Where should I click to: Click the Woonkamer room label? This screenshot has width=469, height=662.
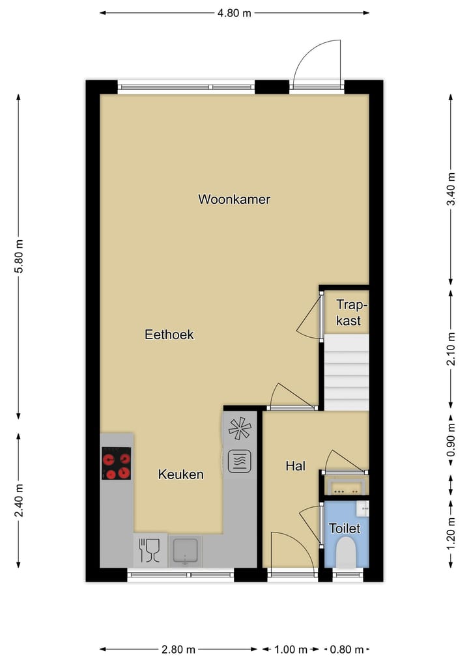pos(234,199)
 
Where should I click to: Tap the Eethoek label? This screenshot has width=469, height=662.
pos(169,335)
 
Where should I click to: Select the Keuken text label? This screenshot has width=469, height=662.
pos(180,475)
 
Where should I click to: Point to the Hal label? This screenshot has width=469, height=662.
pos(295,465)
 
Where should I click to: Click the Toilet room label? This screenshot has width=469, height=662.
pos(345,528)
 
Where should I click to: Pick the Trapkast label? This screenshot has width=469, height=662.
pos(348,312)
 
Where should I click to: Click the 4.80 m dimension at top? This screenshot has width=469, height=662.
pos(234,12)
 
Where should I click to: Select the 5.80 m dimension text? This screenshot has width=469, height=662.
pos(19,257)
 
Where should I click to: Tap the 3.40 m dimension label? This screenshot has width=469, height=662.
pos(450,189)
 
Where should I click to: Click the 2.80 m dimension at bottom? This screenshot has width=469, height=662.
pos(178,649)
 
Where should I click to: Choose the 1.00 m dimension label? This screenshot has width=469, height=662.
pos(291,649)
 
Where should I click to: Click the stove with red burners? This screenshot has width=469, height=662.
pos(116,464)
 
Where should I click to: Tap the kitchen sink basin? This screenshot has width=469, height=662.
pos(186,550)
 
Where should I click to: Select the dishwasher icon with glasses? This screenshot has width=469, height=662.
pos(149,550)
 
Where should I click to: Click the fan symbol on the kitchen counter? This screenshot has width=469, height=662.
pos(239,428)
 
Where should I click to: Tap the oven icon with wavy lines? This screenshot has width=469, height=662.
pos(239,461)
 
